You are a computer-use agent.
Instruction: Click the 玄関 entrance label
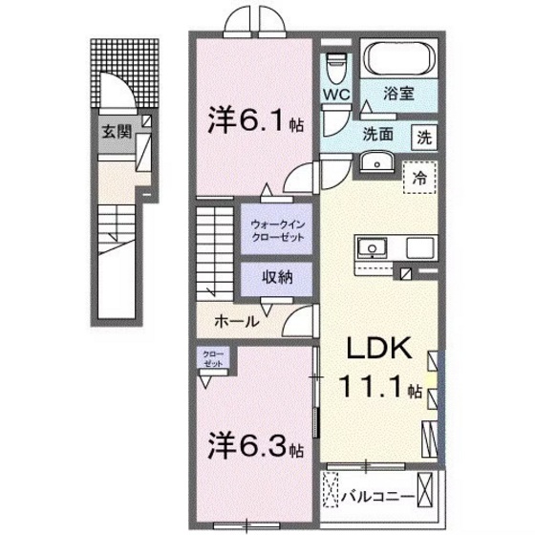pos(115,132)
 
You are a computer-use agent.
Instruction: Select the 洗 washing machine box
pos(423,136)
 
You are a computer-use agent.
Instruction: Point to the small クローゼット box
pos(212,359)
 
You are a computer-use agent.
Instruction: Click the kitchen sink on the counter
pos(368,247)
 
